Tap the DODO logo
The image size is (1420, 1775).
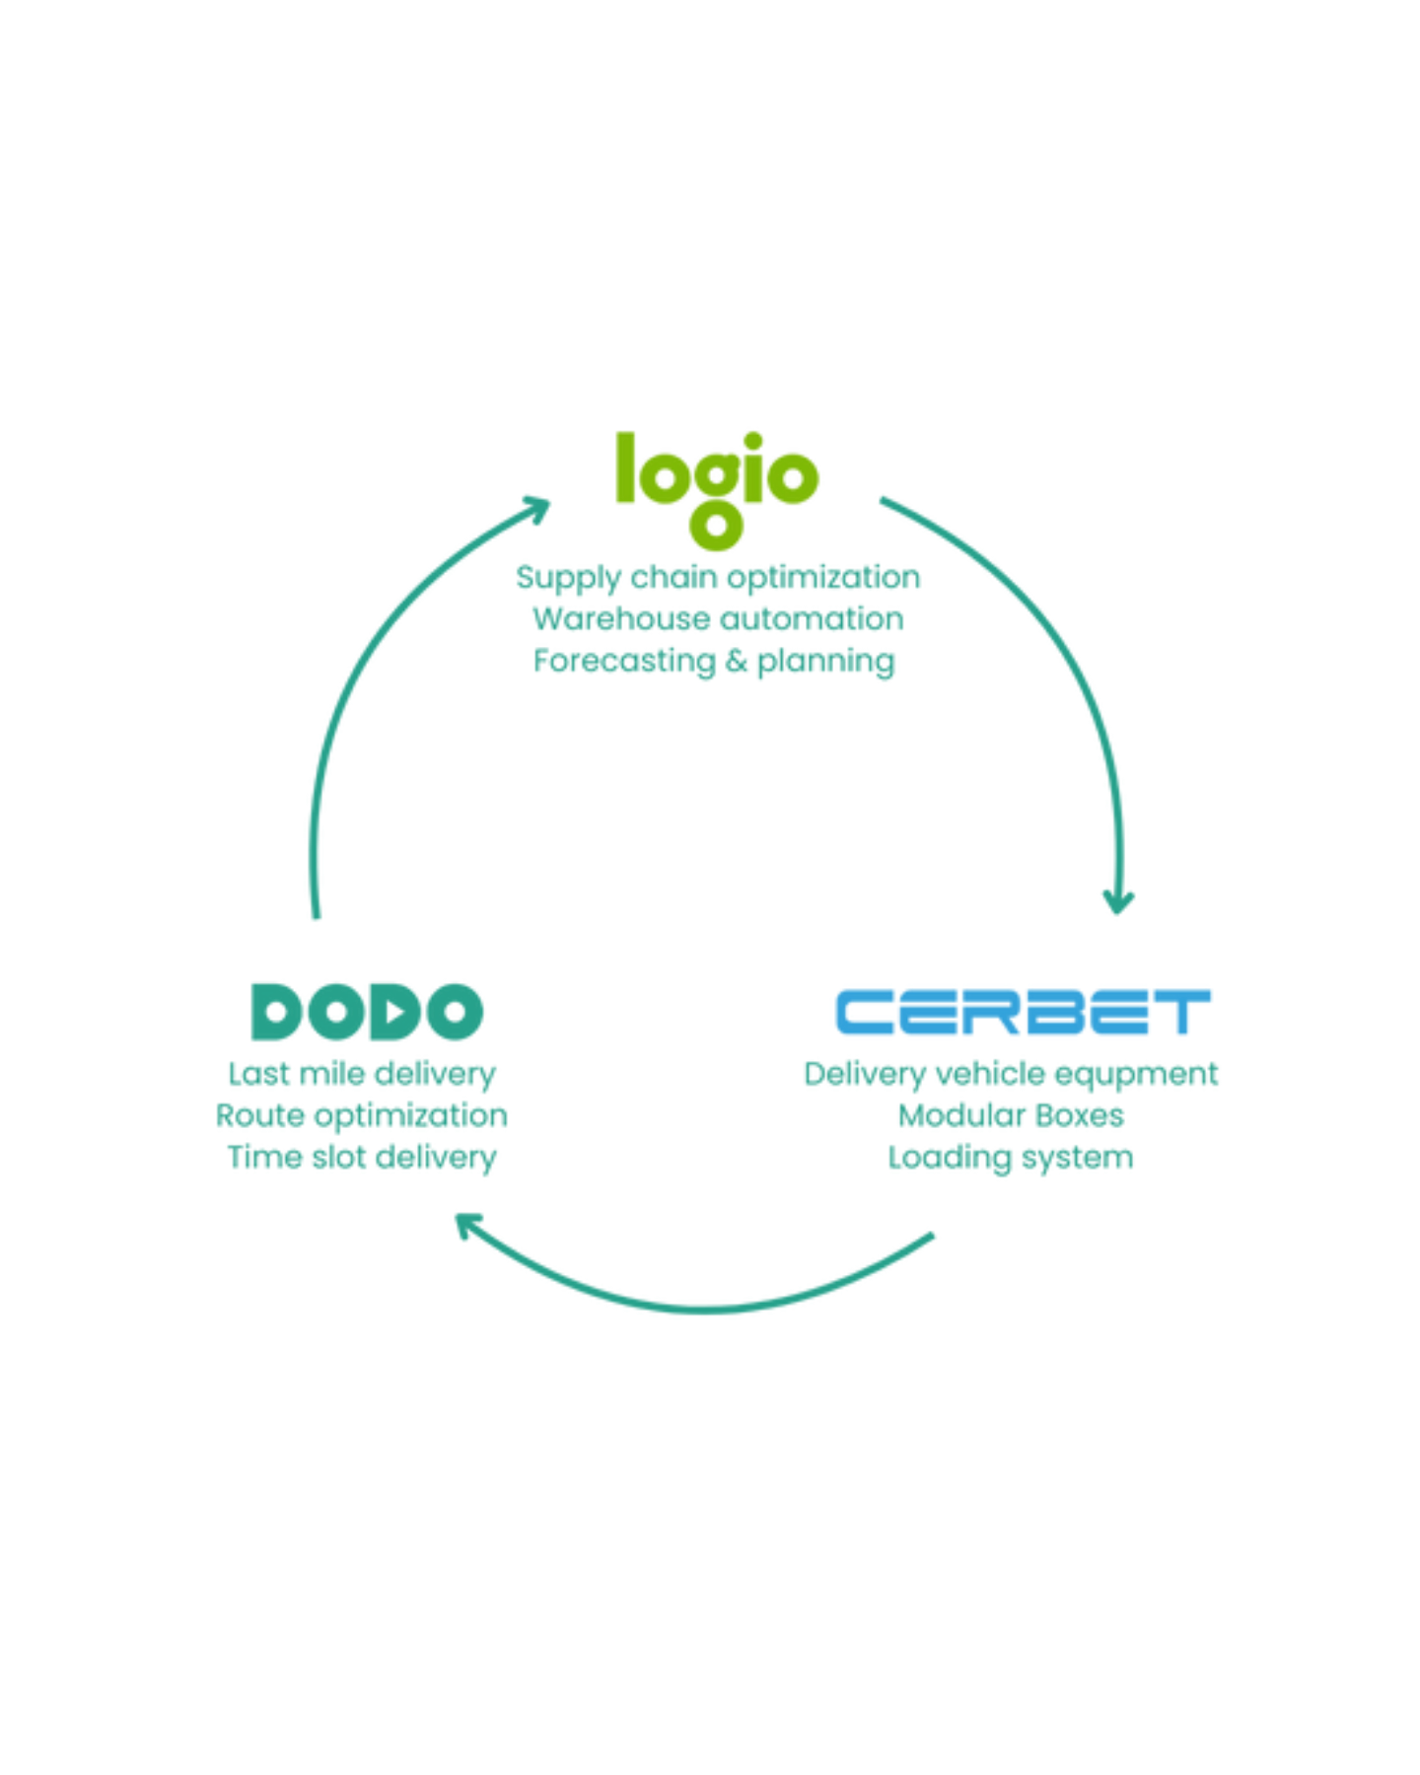pyautogui.click(x=368, y=1012)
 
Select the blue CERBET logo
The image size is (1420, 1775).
pyautogui.click(x=1021, y=1012)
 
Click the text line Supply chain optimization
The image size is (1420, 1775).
pyautogui.click(x=717, y=578)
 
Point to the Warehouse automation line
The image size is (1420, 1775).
pyautogui.click(x=717, y=619)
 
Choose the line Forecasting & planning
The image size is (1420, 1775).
pyautogui.click(x=717, y=661)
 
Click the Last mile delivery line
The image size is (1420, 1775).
pyautogui.click(x=362, y=1074)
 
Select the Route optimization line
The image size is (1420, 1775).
pyautogui.click(x=361, y=1115)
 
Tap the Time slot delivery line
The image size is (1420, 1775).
pyautogui.click(x=362, y=1157)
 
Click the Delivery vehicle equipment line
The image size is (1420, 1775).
pyautogui.click(x=1011, y=1074)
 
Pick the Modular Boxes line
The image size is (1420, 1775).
pyautogui.click(x=1011, y=1115)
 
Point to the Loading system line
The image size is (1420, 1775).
pyautogui.click(x=1011, y=1158)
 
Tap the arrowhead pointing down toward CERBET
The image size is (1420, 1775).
pyautogui.click(x=1117, y=899)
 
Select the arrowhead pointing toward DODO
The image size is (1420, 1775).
pyautogui.click(x=469, y=1227)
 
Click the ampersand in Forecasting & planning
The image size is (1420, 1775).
pyautogui.click(x=737, y=661)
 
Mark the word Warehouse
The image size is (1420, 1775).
pyautogui.click(x=620, y=619)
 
